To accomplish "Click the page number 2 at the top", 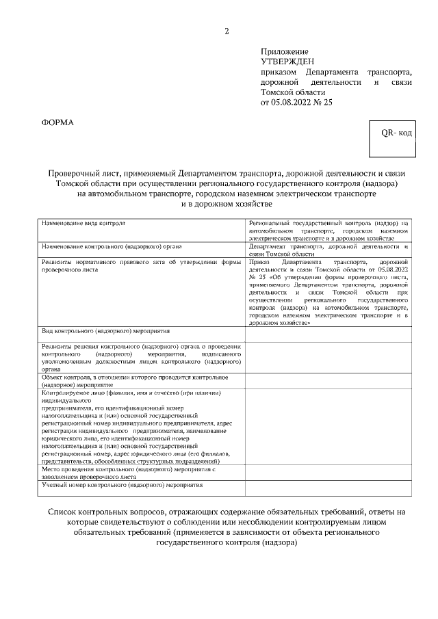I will click(227, 31).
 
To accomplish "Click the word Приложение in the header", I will click(284, 51).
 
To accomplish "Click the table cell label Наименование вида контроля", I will click(83, 224).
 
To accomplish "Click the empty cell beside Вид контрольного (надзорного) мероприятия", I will click(328, 334).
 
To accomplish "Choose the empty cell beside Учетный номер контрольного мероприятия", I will click(328, 487).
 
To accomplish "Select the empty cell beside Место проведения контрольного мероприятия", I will click(328, 473).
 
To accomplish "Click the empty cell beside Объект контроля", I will click(328, 381).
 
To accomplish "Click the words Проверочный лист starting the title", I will click(77, 172).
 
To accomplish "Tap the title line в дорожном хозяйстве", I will click(227, 204).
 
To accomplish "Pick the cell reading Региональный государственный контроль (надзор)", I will click(328, 231).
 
